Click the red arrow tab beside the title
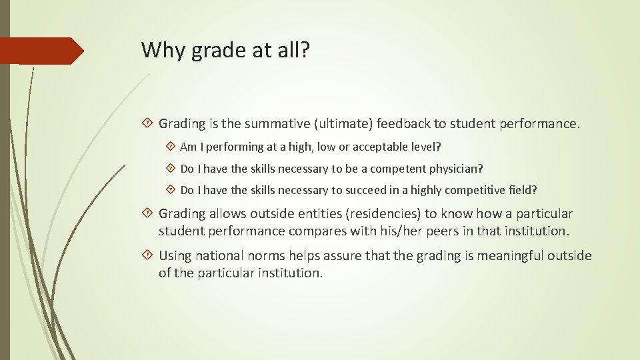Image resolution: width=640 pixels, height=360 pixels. point(41,51)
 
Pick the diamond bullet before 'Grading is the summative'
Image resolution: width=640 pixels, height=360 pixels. point(148,123)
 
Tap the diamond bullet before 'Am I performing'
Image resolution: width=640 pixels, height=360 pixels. point(171,147)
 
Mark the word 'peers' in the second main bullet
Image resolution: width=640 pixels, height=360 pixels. point(486,231)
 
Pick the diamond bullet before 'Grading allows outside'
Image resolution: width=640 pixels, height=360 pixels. point(148,214)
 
